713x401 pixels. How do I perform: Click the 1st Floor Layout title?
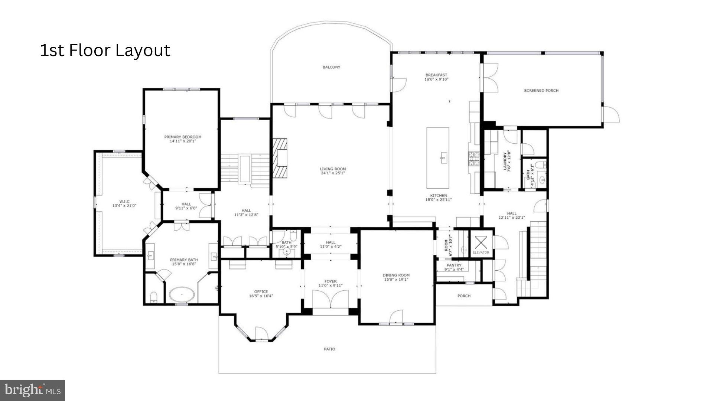click(x=105, y=50)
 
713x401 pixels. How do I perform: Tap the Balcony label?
click(x=331, y=67)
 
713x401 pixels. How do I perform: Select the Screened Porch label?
click(x=541, y=91)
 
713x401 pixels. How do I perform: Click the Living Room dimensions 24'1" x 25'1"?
click(x=333, y=173)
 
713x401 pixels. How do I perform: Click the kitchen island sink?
click(x=443, y=158)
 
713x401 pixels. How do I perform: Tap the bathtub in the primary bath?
click(x=182, y=294)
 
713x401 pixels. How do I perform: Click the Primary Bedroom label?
click(x=183, y=137)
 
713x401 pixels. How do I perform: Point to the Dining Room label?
click(x=396, y=275)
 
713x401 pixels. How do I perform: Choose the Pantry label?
click(x=454, y=265)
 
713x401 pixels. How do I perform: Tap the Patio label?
click(x=329, y=349)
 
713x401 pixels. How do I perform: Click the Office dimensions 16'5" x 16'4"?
click(x=261, y=296)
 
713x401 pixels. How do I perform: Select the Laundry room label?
click(x=505, y=162)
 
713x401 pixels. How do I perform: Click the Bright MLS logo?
click(x=33, y=390)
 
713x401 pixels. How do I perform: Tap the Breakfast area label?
click(x=436, y=75)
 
